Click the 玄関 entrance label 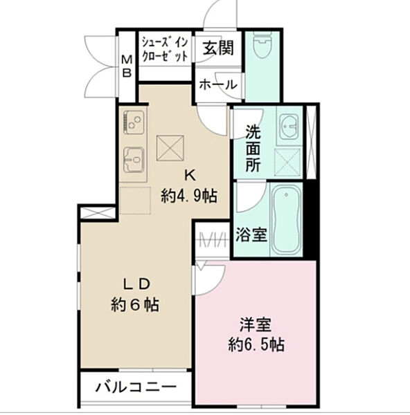pyautogui.click(x=218, y=48)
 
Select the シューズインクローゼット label pyautogui.click(x=165, y=50)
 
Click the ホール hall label pyautogui.click(x=218, y=84)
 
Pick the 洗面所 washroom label pyautogui.click(x=252, y=147)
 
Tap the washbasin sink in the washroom pyautogui.click(x=288, y=127)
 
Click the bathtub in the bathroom pyautogui.click(x=285, y=219)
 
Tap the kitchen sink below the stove pyautogui.click(x=132, y=161)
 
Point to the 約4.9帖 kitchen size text pyautogui.click(x=189, y=196)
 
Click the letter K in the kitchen pyautogui.click(x=188, y=175)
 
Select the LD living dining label pyautogui.click(x=136, y=284)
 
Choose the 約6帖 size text pyautogui.click(x=135, y=304)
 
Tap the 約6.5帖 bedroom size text pyautogui.click(x=255, y=344)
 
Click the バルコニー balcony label pyautogui.click(x=135, y=386)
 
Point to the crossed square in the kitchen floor pyautogui.click(x=168, y=147)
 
